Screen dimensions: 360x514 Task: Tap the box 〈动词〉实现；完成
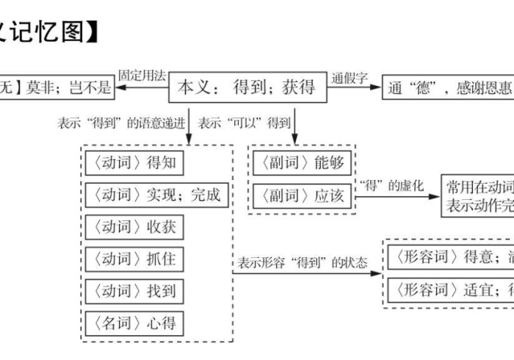tap(153, 195)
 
